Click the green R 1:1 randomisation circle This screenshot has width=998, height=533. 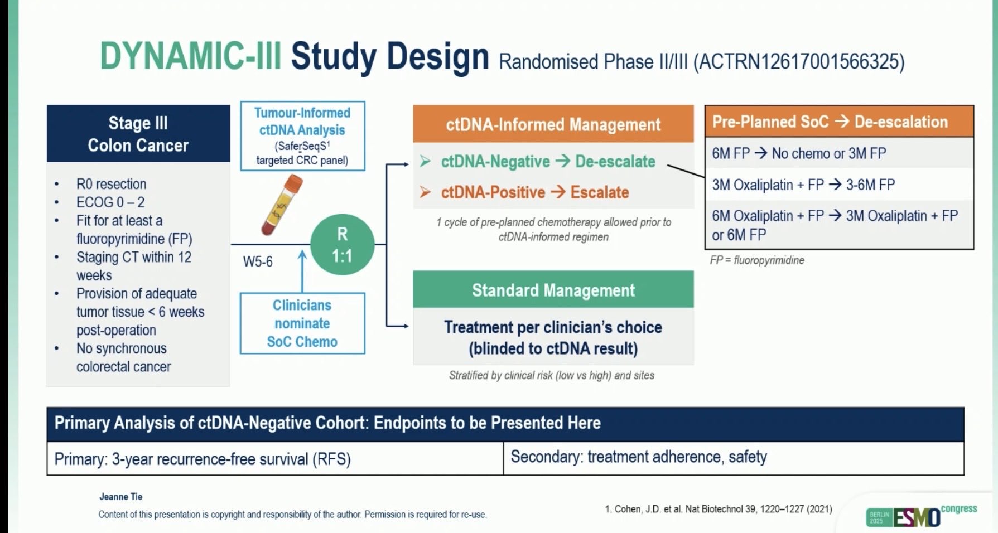[342, 245]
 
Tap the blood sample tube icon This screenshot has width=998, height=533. [282, 205]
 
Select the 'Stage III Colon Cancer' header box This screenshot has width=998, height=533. [138, 134]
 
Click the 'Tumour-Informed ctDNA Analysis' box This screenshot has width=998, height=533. [302, 136]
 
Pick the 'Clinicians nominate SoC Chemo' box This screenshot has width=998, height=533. [302, 323]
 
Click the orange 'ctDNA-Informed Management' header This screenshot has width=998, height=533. [553, 124]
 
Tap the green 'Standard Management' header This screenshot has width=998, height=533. [553, 290]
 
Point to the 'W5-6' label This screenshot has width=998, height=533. [258, 261]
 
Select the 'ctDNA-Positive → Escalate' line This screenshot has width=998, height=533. [534, 193]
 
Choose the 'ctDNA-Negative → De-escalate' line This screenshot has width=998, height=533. [547, 162]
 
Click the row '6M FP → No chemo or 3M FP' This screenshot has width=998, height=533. [799, 153]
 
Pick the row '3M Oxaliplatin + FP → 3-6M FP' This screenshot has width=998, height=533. [803, 185]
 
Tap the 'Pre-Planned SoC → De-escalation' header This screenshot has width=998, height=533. [830, 122]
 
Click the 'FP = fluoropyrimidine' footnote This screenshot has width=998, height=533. [757, 260]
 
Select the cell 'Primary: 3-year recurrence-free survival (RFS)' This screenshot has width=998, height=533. [203, 459]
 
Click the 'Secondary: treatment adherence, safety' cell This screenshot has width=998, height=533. [639, 457]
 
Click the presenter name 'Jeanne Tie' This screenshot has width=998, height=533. [121, 496]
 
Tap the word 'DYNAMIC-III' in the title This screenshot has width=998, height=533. [190, 57]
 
